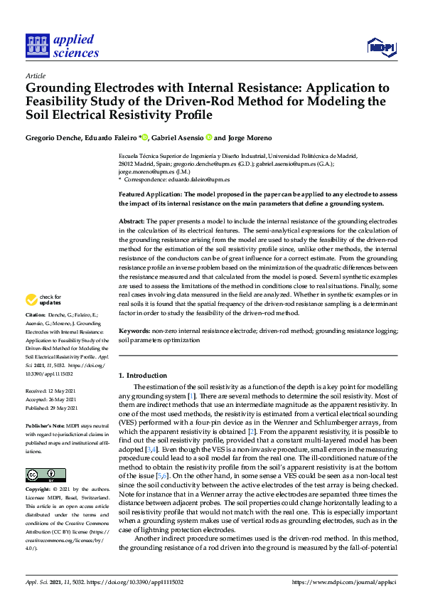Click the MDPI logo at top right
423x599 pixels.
coord(381,47)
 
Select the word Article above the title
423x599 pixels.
coord(35,75)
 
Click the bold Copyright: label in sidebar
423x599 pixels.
coord(40,491)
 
